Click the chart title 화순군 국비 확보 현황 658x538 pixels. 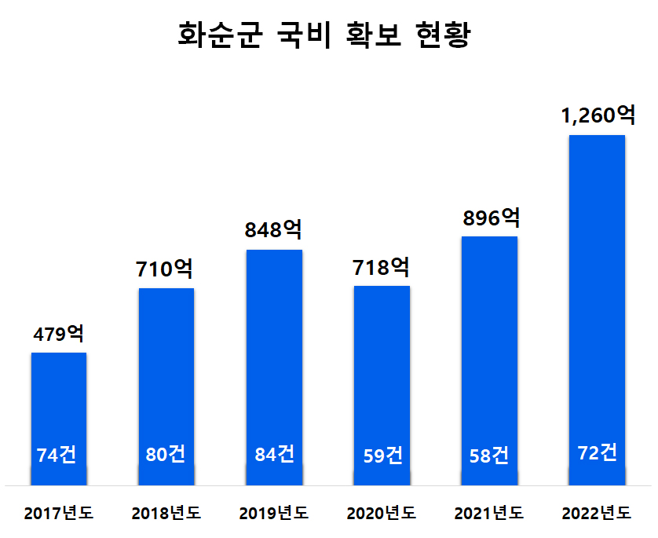324,36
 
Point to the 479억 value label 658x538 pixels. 59,334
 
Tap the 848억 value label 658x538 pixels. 274,230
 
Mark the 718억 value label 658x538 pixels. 382,267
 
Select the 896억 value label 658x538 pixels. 489,218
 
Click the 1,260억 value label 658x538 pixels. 597,116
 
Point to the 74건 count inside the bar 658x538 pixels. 57,456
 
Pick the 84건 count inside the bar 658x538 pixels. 274,454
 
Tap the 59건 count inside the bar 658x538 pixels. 382,456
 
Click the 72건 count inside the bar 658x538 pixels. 597,452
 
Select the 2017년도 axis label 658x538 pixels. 59,514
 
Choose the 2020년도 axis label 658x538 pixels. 382,514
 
